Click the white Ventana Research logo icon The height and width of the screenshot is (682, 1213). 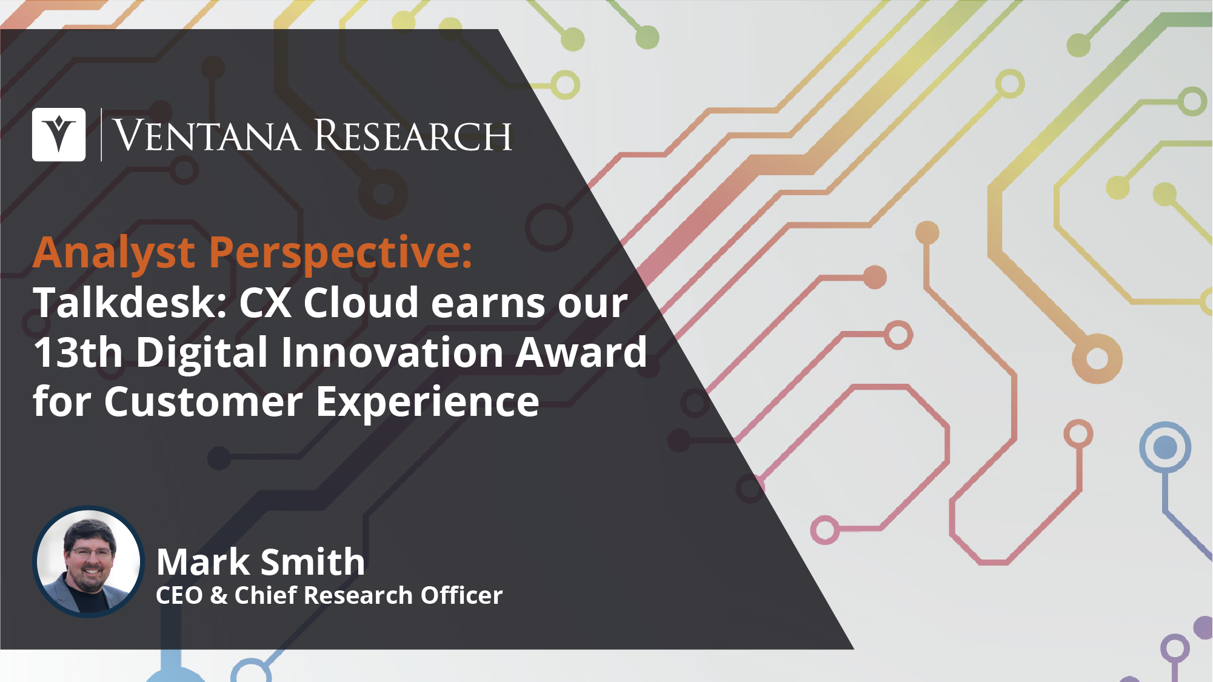pyautogui.click(x=59, y=135)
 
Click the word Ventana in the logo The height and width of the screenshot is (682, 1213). pyautogui.click(x=207, y=135)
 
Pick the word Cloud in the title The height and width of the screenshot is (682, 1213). pyautogui.click(x=361, y=302)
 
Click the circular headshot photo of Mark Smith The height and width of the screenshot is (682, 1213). pyautogui.click(x=89, y=562)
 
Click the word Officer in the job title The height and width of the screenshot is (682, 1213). pyautogui.click(x=462, y=595)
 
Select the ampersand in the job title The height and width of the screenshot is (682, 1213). pyautogui.click(x=219, y=596)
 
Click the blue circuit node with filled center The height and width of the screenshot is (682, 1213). pyautogui.click(x=1165, y=447)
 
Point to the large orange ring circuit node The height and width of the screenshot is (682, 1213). pyautogui.click(x=1097, y=358)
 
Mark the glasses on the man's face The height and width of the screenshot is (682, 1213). pyautogui.click(x=92, y=552)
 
